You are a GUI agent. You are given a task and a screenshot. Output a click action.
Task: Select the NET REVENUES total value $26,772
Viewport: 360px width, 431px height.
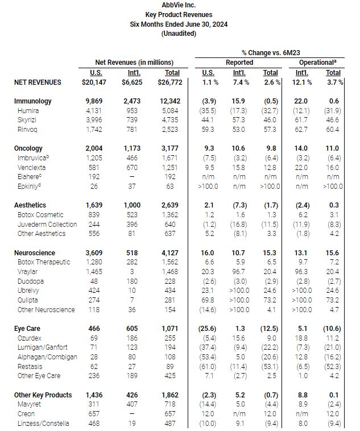pos(168,82)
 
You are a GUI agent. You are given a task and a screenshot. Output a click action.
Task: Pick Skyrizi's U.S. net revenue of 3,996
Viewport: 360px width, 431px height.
pos(97,120)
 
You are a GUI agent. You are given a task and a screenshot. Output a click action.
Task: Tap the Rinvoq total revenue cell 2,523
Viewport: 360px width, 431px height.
pos(171,130)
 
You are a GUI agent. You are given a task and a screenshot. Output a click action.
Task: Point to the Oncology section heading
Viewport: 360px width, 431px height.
pos(28,148)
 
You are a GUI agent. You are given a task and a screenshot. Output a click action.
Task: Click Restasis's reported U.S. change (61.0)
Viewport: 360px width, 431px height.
pos(209,366)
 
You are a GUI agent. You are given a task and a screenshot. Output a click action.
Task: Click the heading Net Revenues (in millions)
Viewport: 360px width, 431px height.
pos(134,62)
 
